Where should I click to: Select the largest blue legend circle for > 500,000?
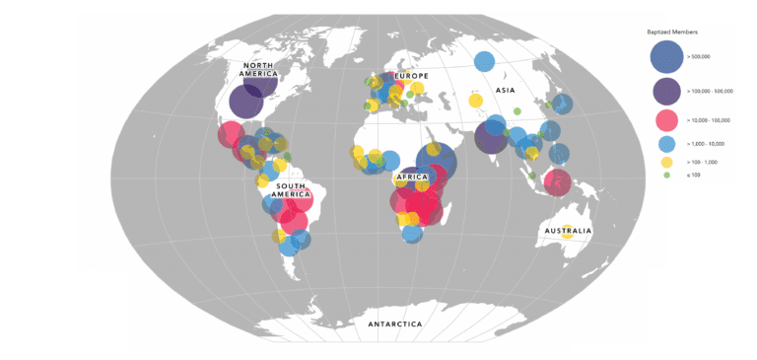coord(667,56)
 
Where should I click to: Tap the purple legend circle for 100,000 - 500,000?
coord(667,91)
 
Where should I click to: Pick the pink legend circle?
coord(667,120)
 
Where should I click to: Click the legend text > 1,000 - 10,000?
coord(705,144)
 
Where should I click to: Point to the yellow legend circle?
coord(667,161)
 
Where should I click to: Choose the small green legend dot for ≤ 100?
coord(667,175)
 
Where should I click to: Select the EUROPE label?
coord(411,76)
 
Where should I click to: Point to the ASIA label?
coord(506,91)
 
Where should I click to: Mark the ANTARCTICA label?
coord(394,324)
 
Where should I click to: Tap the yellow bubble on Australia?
coord(567,234)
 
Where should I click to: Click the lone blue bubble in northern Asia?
coord(484,61)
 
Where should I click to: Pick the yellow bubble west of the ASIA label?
coord(476,101)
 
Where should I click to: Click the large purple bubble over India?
coord(491,137)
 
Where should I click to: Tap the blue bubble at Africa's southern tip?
coord(413,234)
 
